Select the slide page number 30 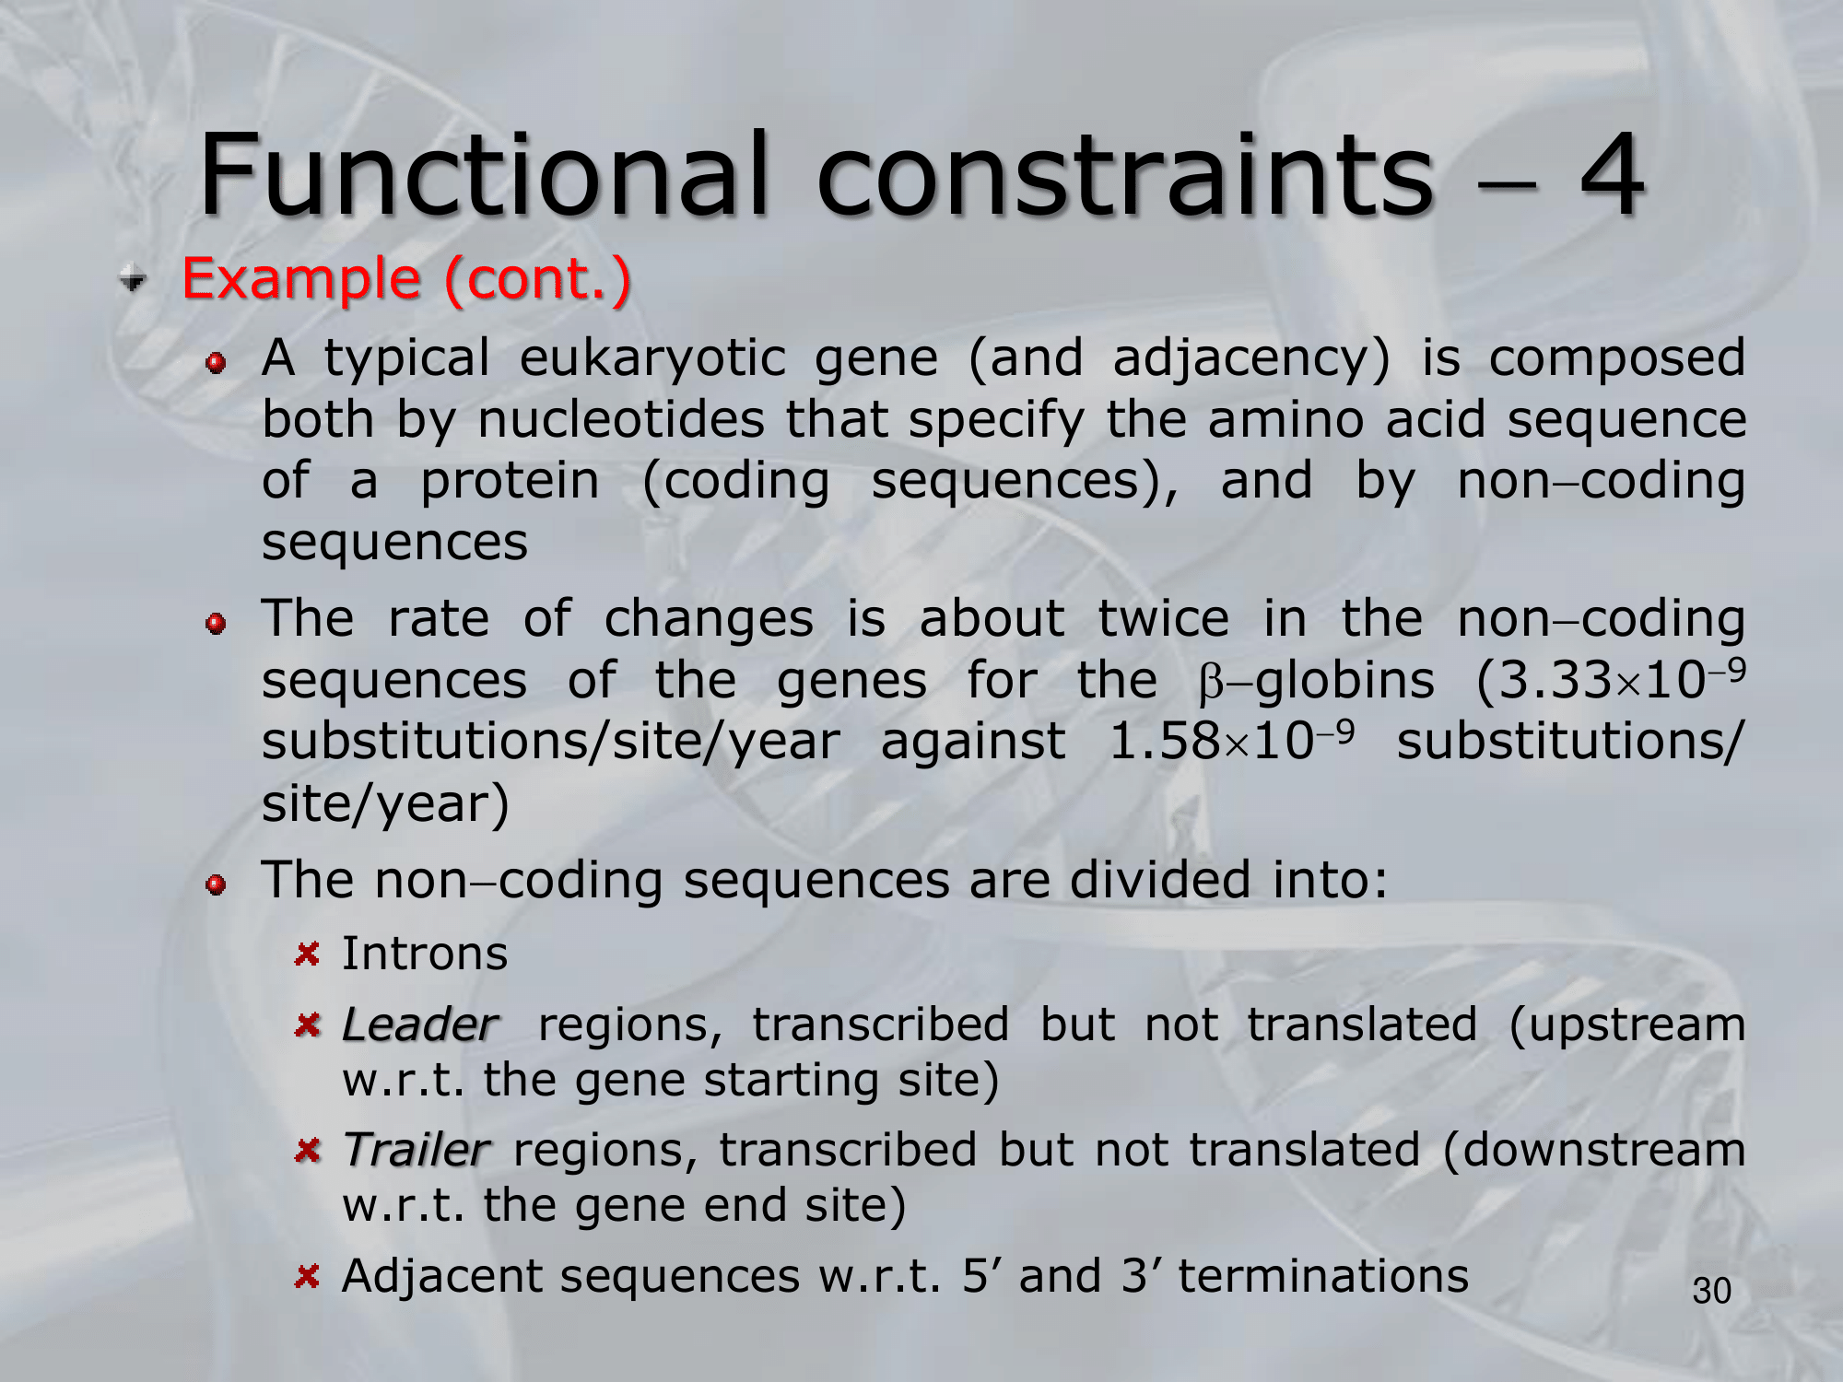tap(1712, 1291)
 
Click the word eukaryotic tap(652, 359)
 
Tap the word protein tap(510, 482)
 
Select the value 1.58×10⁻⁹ tap(1231, 740)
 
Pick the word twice tap(1163, 618)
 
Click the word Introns tap(425, 954)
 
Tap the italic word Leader tap(419, 1025)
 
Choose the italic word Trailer tap(416, 1150)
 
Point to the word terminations tap(1323, 1276)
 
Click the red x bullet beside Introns tap(307, 954)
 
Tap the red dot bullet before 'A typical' tap(216, 363)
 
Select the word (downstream tap(1594, 1151)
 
